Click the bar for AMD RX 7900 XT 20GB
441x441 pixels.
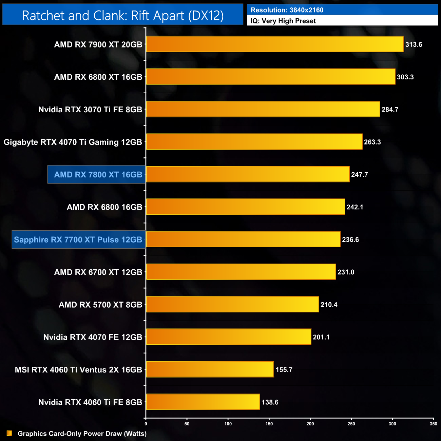click(x=275, y=44)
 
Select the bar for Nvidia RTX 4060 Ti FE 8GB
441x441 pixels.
click(x=203, y=402)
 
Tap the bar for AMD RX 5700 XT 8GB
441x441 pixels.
click(x=232, y=304)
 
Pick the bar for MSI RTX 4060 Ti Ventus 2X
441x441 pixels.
click(x=210, y=369)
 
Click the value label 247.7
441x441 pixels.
click(x=360, y=175)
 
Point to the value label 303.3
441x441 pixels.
click(x=405, y=77)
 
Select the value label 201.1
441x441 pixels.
click(x=321, y=337)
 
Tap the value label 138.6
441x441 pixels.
click(x=270, y=402)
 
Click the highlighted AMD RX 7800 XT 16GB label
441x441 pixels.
click(x=98, y=175)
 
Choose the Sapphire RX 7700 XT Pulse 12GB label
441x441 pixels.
click(x=78, y=240)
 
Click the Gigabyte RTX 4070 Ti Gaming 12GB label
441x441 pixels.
click(x=73, y=142)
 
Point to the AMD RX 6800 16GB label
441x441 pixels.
click(x=104, y=207)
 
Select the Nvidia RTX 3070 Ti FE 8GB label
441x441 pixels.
click(x=90, y=110)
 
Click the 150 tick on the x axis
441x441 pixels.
click(x=269, y=424)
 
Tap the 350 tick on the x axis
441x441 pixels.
click(x=433, y=424)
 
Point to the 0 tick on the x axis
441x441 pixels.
click(x=146, y=424)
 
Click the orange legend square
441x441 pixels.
click(x=9, y=434)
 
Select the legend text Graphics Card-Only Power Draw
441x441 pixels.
click(x=82, y=434)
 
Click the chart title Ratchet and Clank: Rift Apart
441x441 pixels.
click(x=123, y=16)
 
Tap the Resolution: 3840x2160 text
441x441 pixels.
click(x=287, y=10)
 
